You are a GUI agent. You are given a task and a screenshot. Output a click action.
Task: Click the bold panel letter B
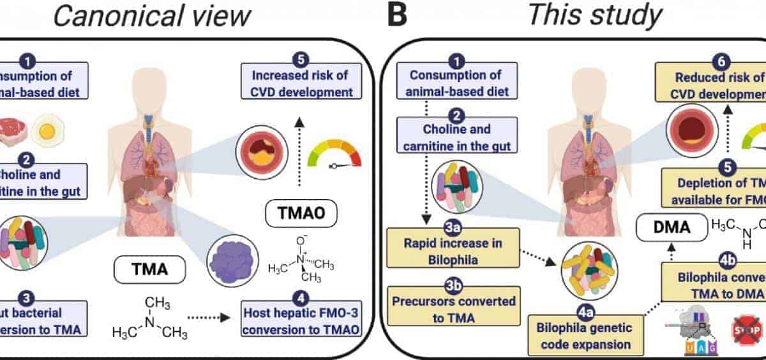click(x=396, y=15)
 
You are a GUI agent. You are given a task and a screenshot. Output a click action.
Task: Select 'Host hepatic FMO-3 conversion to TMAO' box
click(x=301, y=322)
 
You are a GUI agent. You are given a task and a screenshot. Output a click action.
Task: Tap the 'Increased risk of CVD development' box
click(x=301, y=84)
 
